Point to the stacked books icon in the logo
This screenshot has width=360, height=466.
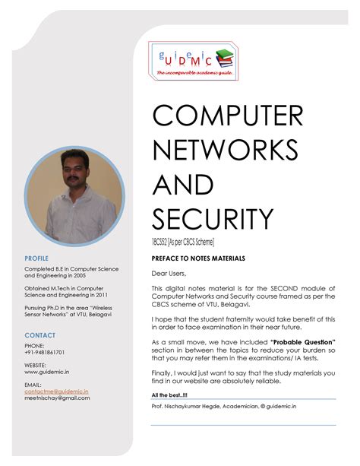pyautogui.click(x=225, y=57)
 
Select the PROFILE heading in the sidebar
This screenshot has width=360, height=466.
pyautogui.click(x=36, y=259)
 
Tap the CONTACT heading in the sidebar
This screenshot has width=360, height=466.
pyautogui.click(x=39, y=334)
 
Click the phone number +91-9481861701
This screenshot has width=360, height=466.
pyautogui.click(x=45, y=353)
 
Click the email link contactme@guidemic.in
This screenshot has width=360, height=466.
pyautogui.click(x=56, y=391)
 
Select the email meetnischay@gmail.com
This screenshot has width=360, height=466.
pyautogui.click(x=58, y=398)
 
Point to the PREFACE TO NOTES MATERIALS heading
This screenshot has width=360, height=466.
pyautogui.click(x=198, y=258)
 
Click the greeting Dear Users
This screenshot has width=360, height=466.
pyautogui.click(x=169, y=273)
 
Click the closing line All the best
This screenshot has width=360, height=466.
pyautogui.click(x=169, y=395)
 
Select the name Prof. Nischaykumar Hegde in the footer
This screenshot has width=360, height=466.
pyautogui.click(x=192, y=407)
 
